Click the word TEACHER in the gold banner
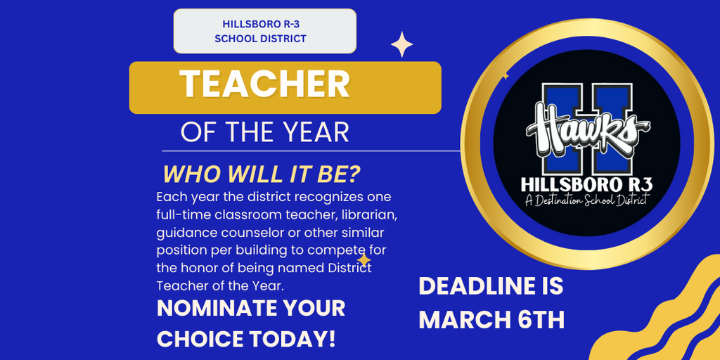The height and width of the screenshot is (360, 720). pyautogui.click(x=264, y=84)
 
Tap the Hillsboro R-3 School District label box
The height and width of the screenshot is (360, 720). pyautogui.click(x=264, y=31)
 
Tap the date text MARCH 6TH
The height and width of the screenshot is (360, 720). pyautogui.click(x=491, y=319)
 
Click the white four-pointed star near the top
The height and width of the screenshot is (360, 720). pyautogui.click(x=402, y=44)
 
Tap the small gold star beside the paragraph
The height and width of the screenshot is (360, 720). pyautogui.click(x=364, y=260)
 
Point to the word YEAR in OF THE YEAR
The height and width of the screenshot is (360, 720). pyautogui.click(x=315, y=131)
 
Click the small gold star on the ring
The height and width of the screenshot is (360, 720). pyautogui.click(x=504, y=75)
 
